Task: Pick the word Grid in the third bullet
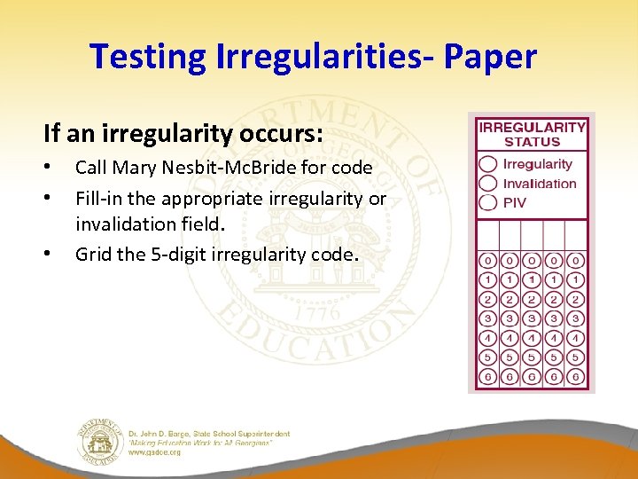click(x=94, y=254)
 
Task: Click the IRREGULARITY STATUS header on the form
click(x=532, y=134)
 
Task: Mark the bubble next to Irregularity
click(x=487, y=164)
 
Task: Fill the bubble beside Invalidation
click(x=487, y=184)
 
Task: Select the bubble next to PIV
click(x=487, y=202)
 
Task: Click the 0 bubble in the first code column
click(x=488, y=261)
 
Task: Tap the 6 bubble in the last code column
click(x=576, y=377)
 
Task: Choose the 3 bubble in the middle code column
click(x=532, y=318)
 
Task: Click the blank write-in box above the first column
click(x=488, y=235)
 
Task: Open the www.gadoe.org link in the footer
click(x=155, y=452)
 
